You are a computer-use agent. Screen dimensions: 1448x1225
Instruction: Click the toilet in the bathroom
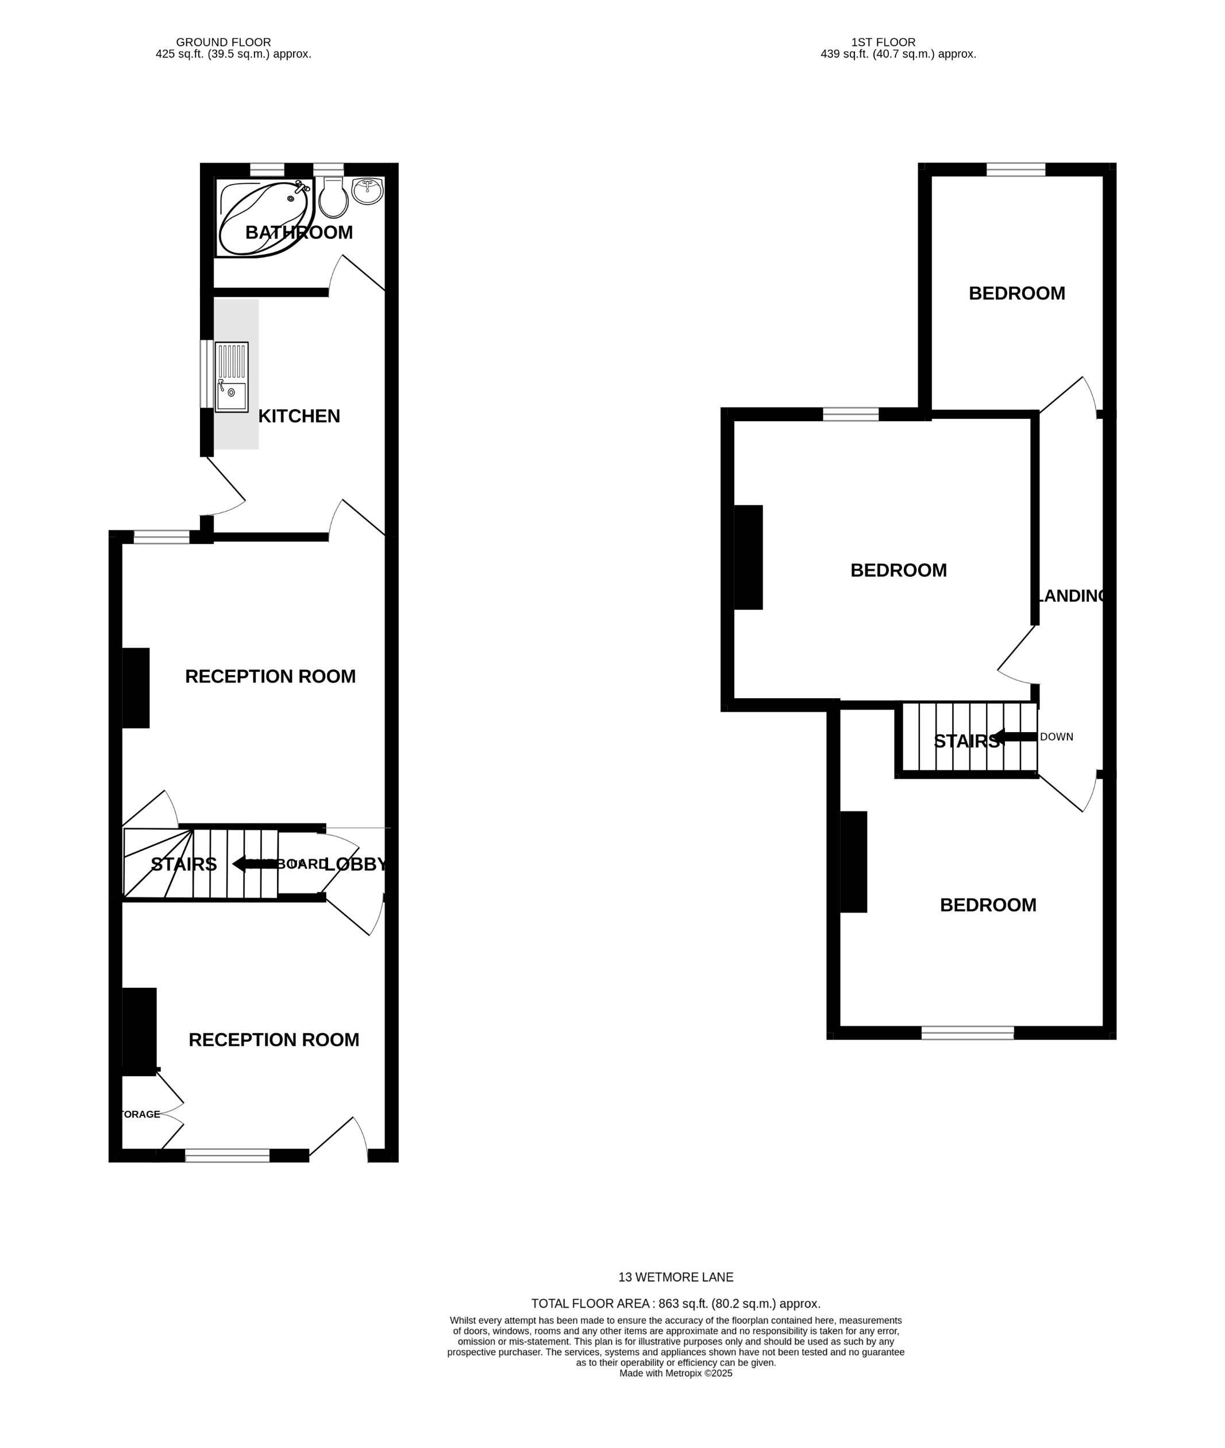click(x=333, y=198)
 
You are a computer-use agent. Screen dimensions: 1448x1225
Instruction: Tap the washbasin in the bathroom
click(x=367, y=191)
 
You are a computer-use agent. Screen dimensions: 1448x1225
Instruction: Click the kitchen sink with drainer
click(x=231, y=377)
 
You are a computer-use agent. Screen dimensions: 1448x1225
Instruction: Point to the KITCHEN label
click(x=299, y=416)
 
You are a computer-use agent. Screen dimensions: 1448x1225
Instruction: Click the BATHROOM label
click(x=299, y=233)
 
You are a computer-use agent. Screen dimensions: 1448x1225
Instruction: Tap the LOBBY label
click(x=355, y=864)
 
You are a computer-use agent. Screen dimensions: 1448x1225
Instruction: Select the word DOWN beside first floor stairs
click(x=1056, y=737)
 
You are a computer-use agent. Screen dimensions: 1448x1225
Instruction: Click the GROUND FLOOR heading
click(x=223, y=43)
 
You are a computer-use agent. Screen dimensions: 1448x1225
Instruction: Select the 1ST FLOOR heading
click(x=883, y=43)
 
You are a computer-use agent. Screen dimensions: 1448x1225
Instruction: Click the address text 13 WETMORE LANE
click(x=675, y=1276)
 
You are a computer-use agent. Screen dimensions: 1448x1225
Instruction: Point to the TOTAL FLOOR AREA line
click(x=675, y=1304)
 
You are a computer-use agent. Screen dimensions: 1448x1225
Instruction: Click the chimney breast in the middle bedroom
click(x=748, y=557)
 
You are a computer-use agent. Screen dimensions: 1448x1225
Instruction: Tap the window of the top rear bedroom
click(x=1015, y=170)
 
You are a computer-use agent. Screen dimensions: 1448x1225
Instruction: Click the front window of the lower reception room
click(x=227, y=1155)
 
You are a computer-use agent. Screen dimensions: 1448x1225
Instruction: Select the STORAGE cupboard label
click(x=140, y=1114)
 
